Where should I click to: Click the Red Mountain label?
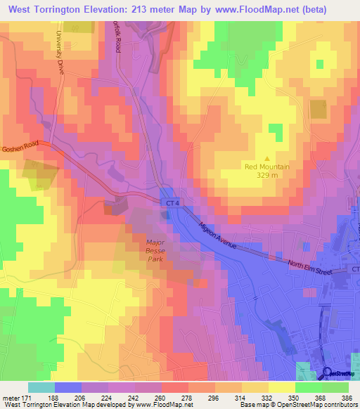266,167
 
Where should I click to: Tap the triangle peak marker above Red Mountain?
266,158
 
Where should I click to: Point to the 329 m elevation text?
266,176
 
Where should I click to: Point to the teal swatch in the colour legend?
41,387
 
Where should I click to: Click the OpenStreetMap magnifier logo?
328,372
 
